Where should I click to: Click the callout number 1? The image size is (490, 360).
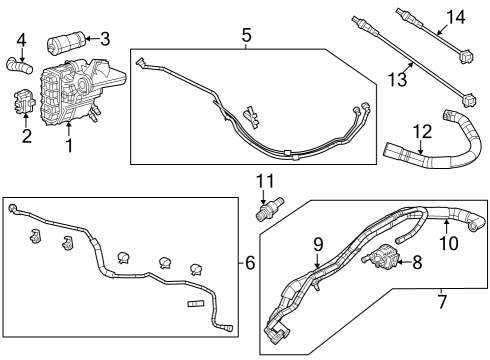pyautogui.click(x=68, y=146)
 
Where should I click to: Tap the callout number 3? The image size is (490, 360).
pyautogui.click(x=104, y=39)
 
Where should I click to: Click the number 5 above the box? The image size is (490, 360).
pyautogui.click(x=246, y=35)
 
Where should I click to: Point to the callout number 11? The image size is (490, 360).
pyautogui.click(x=264, y=181)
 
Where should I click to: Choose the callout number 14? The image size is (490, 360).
pyautogui.click(x=455, y=16)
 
